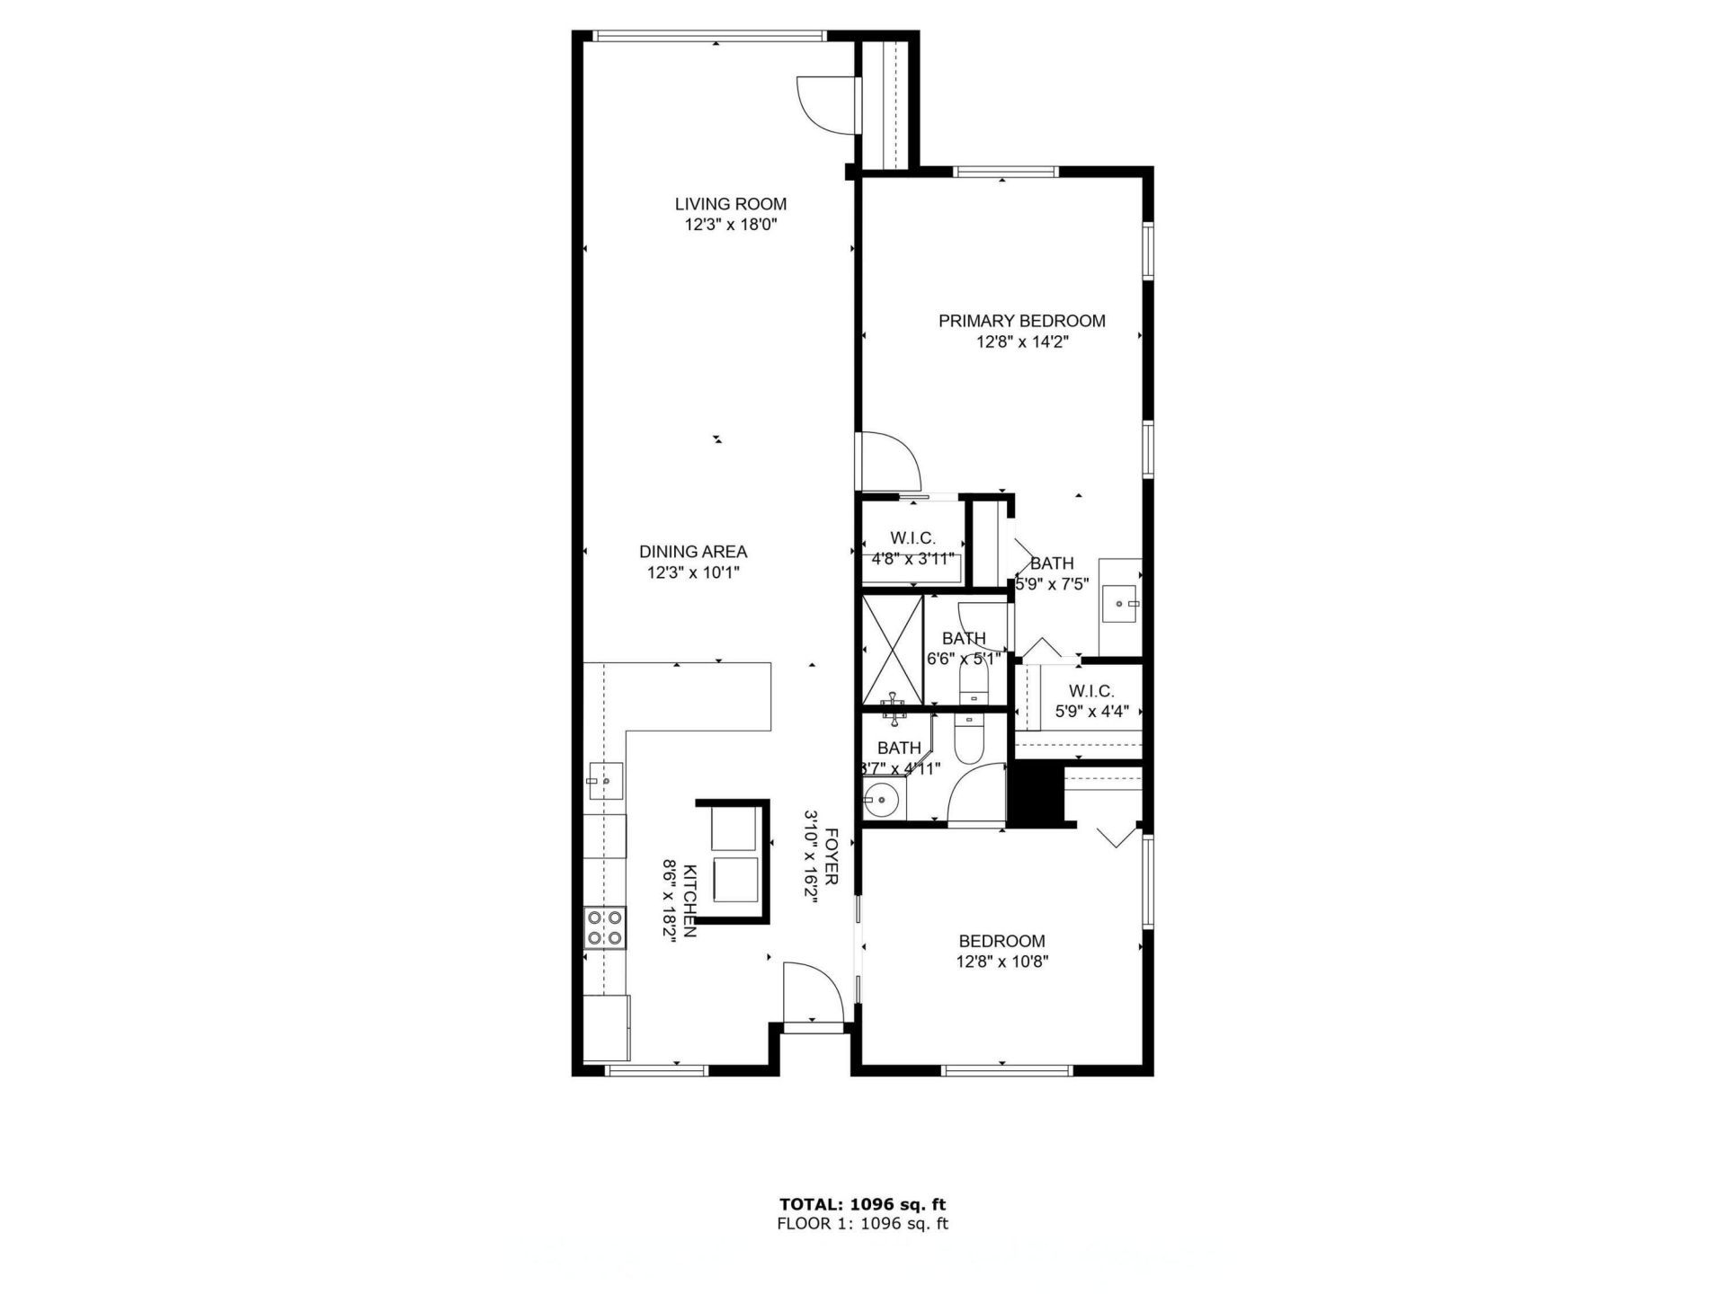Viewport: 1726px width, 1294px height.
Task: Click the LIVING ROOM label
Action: tap(730, 204)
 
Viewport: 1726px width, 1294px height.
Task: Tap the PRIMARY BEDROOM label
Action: tap(1021, 321)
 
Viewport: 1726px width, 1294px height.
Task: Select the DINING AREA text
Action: tap(692, 552)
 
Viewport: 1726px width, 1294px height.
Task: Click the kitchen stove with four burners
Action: tap(605, 928)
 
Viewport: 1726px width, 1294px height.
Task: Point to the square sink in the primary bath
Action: tap(1120, 604)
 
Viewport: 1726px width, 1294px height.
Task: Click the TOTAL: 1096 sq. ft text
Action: tap(861, 1204)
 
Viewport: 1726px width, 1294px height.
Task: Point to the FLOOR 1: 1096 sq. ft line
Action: tap(861, 1223)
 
